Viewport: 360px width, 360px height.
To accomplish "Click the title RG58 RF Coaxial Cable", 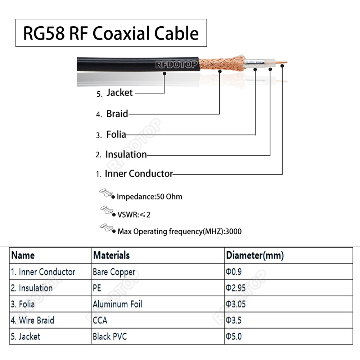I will [x=111, y=33].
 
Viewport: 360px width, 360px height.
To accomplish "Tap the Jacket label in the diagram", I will [x=119, y=93].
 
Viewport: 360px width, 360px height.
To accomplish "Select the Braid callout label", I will [x=117, y=114].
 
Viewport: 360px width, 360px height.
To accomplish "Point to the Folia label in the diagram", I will [x=116, y=135].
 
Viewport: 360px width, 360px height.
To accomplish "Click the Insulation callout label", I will [x=126, y=155].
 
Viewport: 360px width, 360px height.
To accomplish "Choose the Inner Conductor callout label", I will [x=139, y=174].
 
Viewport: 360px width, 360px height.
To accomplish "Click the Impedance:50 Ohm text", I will [x=149, y=197].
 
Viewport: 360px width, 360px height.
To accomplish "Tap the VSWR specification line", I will [x=134, y=215].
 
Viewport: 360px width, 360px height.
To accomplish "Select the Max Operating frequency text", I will [x=179, y=231].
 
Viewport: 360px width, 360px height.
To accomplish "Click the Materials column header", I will [x=111, y=256].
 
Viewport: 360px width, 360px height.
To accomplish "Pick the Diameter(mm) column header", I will [x=255, y=256].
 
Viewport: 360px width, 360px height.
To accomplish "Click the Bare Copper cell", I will [x=114, y=272].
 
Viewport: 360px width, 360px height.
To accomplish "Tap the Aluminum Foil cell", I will [x=117, y=304].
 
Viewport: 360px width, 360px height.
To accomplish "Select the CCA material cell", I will [x=100, y=320].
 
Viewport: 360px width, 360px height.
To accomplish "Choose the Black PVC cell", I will [x=110, y=337].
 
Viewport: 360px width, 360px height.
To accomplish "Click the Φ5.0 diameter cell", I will [x=234, y=337].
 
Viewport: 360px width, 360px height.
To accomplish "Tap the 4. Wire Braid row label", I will [x=32, y=320].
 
